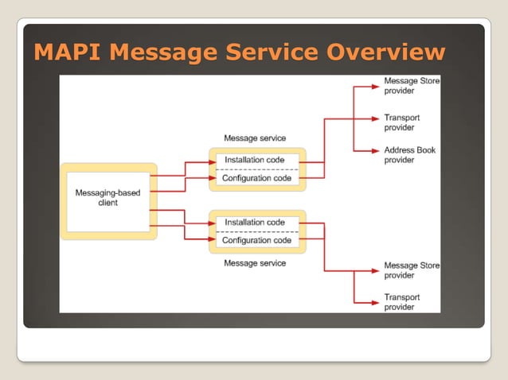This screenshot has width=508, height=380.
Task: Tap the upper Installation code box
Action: [x=255, y=161]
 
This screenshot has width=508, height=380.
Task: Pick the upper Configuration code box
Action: [x=255, y=179]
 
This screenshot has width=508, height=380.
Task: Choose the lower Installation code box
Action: [x=255, y=223]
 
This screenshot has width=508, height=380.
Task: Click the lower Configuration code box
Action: [x=255, y=241]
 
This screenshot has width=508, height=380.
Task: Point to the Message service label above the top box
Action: [x=255, y=138]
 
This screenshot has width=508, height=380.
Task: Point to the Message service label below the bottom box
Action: [x=255, y=263]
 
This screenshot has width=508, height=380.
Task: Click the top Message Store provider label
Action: [x=411, y=86]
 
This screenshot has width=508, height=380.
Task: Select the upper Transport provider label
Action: [x=402, y=122]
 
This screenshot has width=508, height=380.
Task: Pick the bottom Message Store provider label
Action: [x=411, y=270]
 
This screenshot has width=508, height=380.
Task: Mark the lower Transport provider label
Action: [x=402, y=302]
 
